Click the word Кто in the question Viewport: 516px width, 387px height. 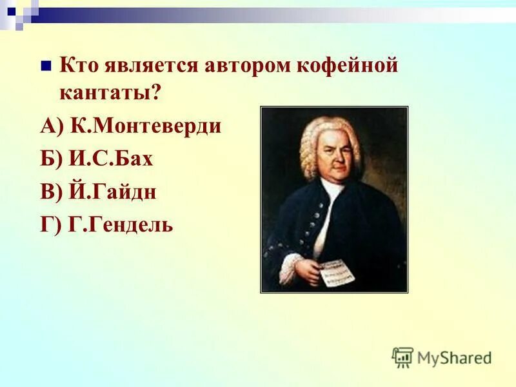click(x=78, y=66)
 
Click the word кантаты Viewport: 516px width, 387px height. click(x=105, y=93)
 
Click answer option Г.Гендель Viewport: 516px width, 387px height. click(x=124, y=225)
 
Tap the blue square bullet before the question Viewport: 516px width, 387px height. click(x=45, y=66)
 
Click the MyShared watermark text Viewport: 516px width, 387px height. click(x=455, y=357)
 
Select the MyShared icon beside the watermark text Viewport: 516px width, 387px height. click(x=402, y=357)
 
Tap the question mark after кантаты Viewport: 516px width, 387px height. click(x=155, y=93)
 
